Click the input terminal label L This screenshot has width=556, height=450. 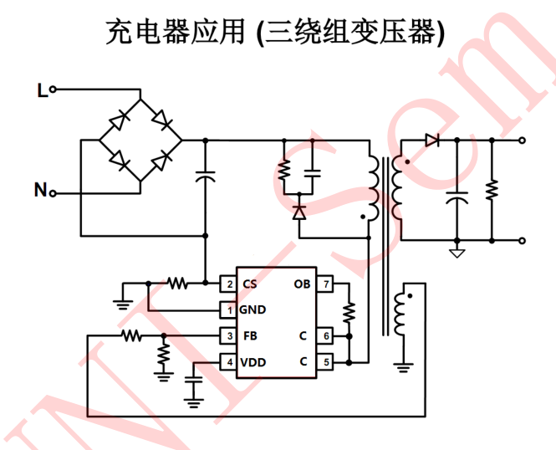pos(42,89)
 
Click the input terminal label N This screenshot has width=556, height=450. pos(40,192)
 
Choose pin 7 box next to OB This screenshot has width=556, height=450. pos(326,284)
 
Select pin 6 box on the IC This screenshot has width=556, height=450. pos(326,336)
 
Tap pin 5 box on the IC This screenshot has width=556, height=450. pos(326,362)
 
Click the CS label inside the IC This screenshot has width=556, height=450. pos(249,284)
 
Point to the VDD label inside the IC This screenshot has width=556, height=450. pos(253,362)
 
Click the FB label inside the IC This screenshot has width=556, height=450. pos(249,336)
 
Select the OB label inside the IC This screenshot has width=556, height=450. pos(302,284)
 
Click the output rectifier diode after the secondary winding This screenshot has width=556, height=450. pos(432,141)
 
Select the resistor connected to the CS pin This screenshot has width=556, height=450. pos(177,284)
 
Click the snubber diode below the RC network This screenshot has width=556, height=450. pos(299,212)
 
